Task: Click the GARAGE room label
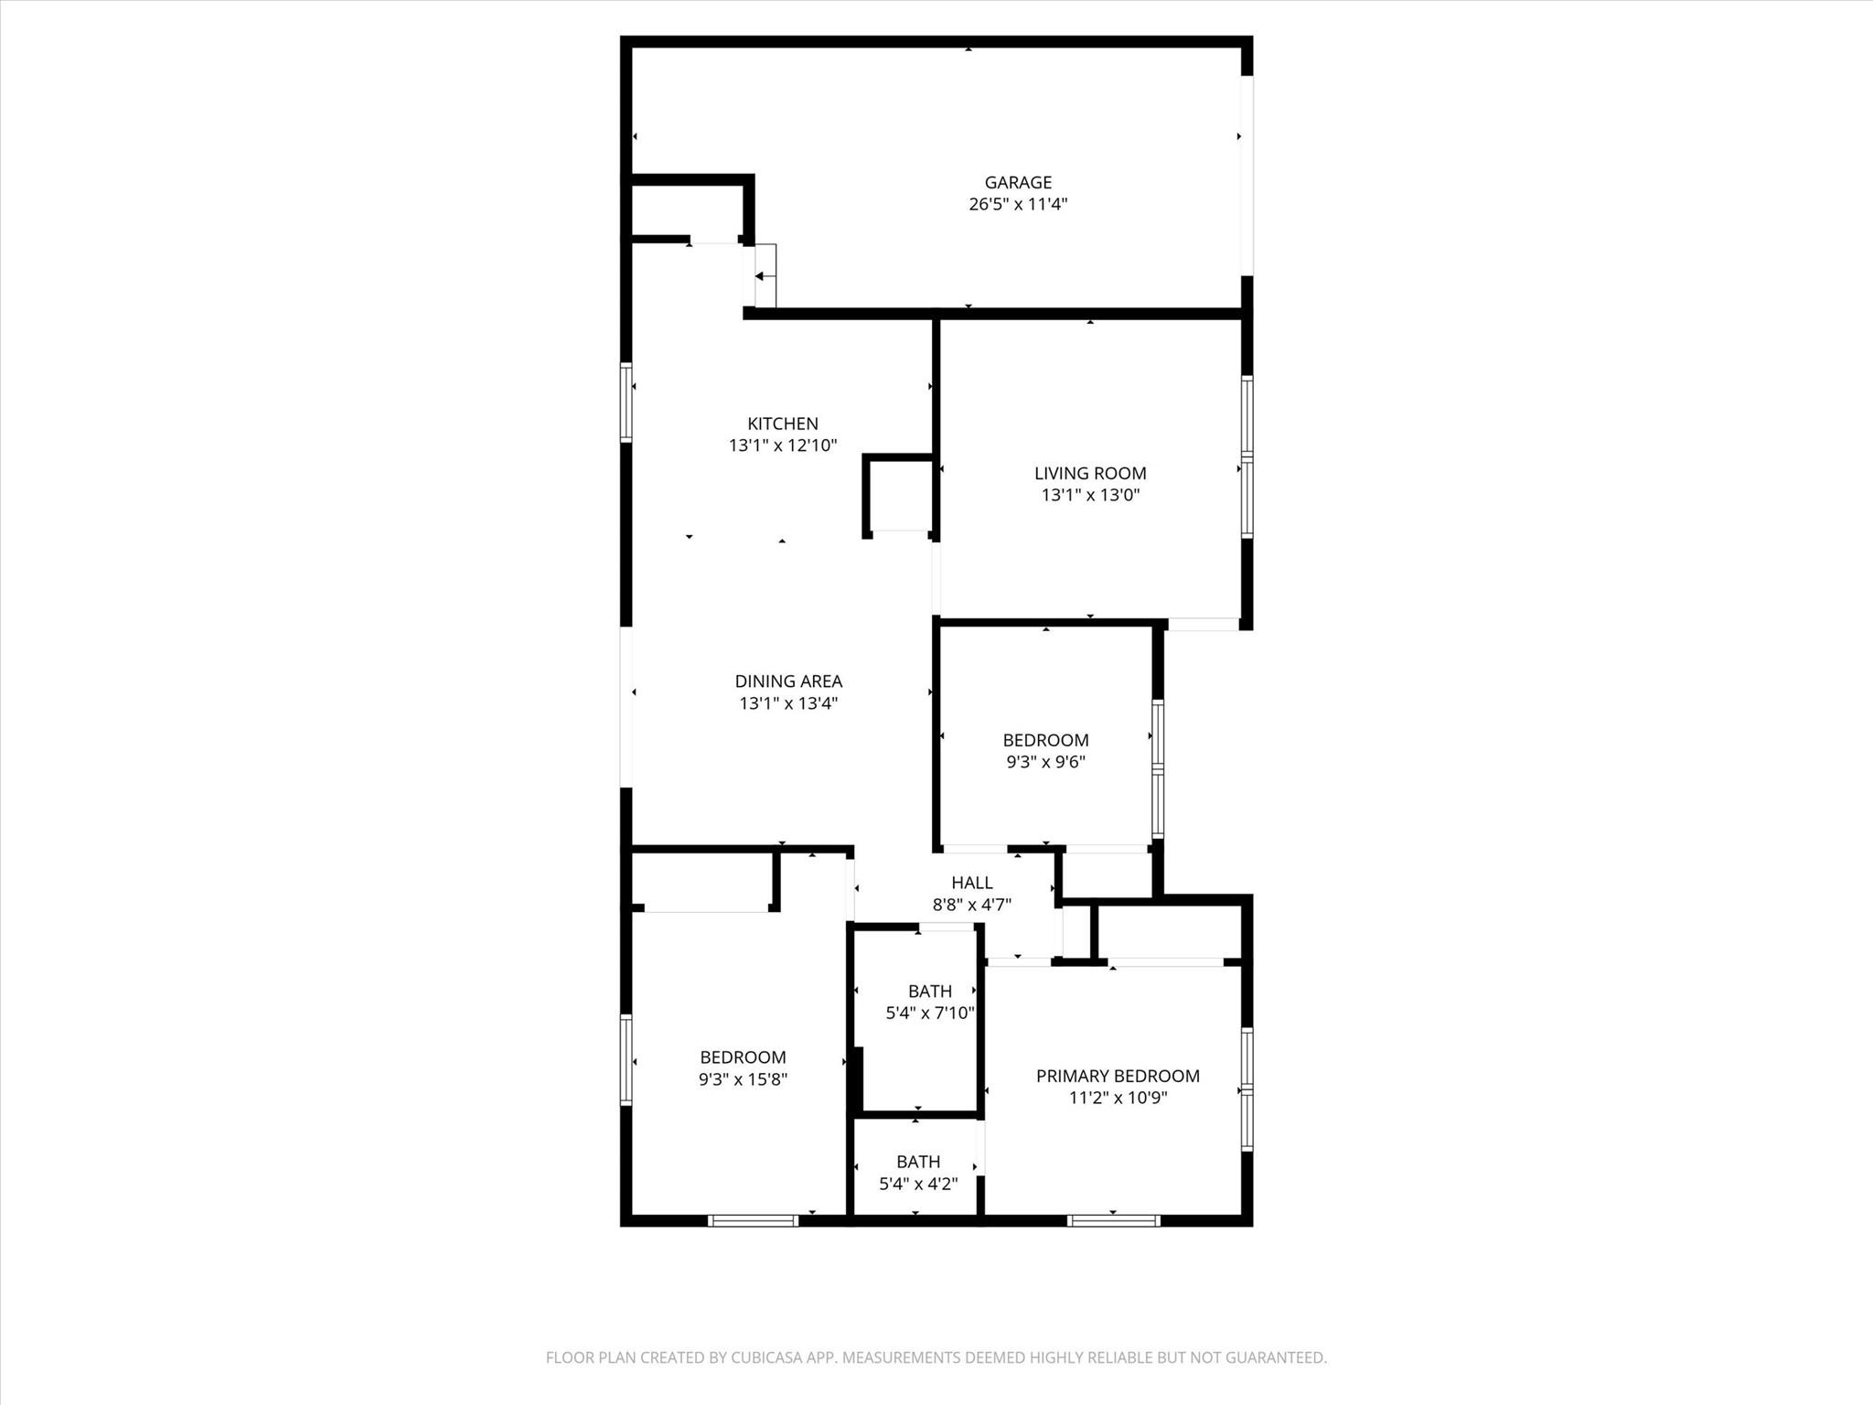point(1018,182)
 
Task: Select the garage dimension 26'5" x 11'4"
point(1018,204)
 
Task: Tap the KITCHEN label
point(783,424)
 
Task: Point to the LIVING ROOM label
point(1090,473)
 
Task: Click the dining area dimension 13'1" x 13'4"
point(788,703)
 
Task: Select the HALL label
point(971,883)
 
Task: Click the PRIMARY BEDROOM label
point(1118,1076)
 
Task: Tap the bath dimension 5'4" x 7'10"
point(930,1014)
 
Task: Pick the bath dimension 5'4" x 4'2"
point(918,1184)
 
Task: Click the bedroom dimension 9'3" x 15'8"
point(743,1079)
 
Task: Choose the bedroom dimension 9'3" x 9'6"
point(1045,762)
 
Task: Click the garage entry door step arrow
point(760,276)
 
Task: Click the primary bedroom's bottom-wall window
point(1114,1220)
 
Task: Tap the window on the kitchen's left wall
point(626,402)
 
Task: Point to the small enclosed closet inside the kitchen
point(898,494)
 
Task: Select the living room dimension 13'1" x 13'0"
point(1090,496)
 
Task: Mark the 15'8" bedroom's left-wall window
point(626,1059)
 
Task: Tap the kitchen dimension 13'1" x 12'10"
point(783,445)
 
